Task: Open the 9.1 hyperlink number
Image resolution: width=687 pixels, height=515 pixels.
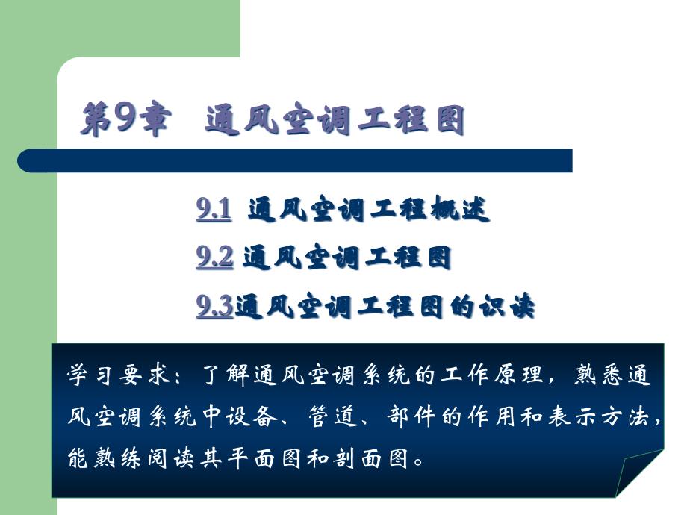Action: [x=214, y=211]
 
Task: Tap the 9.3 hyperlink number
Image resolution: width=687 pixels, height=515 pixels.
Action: [x=214, y=306]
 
